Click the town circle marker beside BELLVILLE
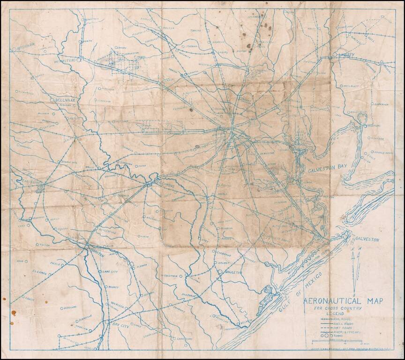(52, 100)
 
